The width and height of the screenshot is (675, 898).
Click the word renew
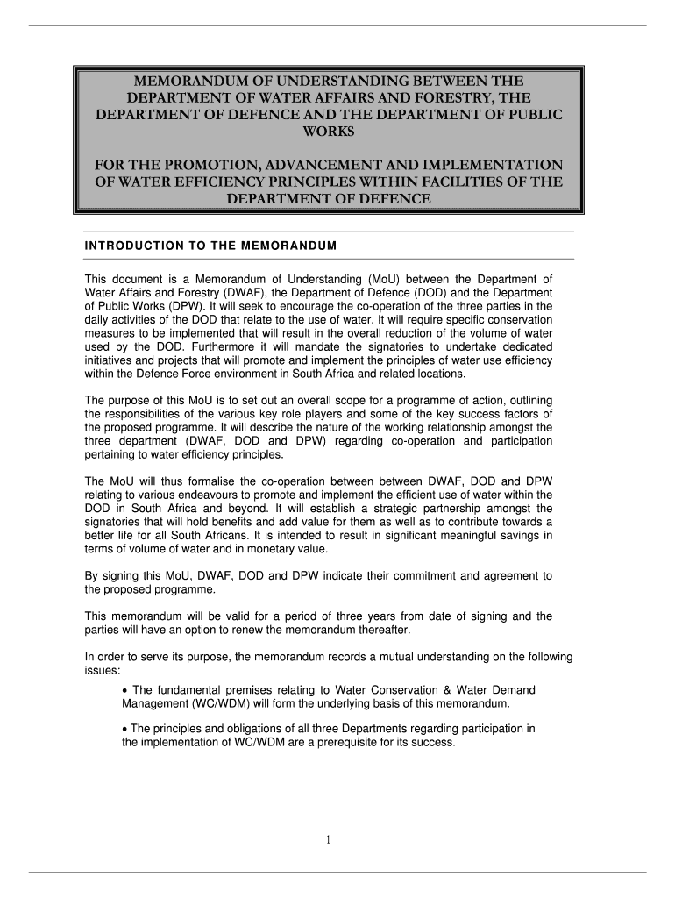[284, 630]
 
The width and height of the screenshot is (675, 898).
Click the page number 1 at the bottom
[327, 840]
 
